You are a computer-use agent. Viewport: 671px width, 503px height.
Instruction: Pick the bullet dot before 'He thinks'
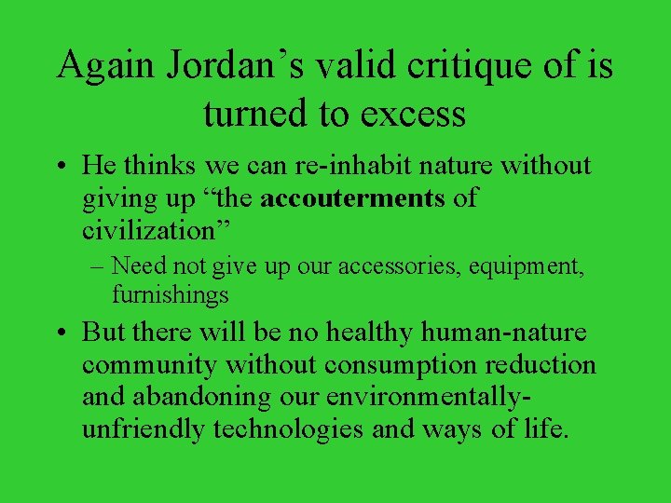point(62,167)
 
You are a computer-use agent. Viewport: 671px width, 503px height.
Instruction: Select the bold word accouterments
point(353,197)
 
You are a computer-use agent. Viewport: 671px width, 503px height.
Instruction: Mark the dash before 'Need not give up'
point(97,266)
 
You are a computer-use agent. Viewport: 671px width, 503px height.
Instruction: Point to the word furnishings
point(171,295)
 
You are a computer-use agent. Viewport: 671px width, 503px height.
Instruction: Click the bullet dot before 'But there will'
point(62,333)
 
